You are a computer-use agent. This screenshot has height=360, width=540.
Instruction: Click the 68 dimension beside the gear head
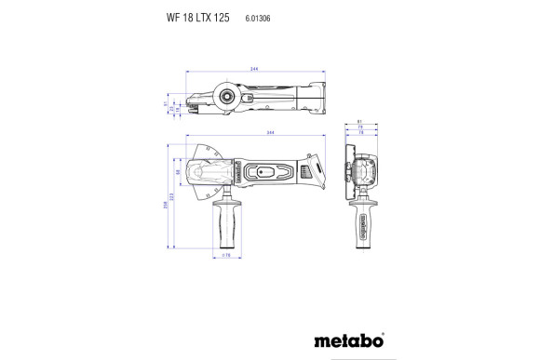[x=177, y=173]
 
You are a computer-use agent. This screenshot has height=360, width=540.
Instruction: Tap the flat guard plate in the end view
[x=348, y=172]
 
